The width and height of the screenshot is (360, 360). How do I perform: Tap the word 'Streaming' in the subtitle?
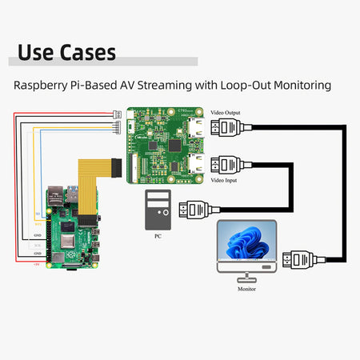174,85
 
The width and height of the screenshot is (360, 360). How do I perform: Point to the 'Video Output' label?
225,114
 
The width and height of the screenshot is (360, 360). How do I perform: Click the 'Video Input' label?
223,181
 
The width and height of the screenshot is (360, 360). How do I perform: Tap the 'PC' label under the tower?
158,238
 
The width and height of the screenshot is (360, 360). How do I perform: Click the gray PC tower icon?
158,210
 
